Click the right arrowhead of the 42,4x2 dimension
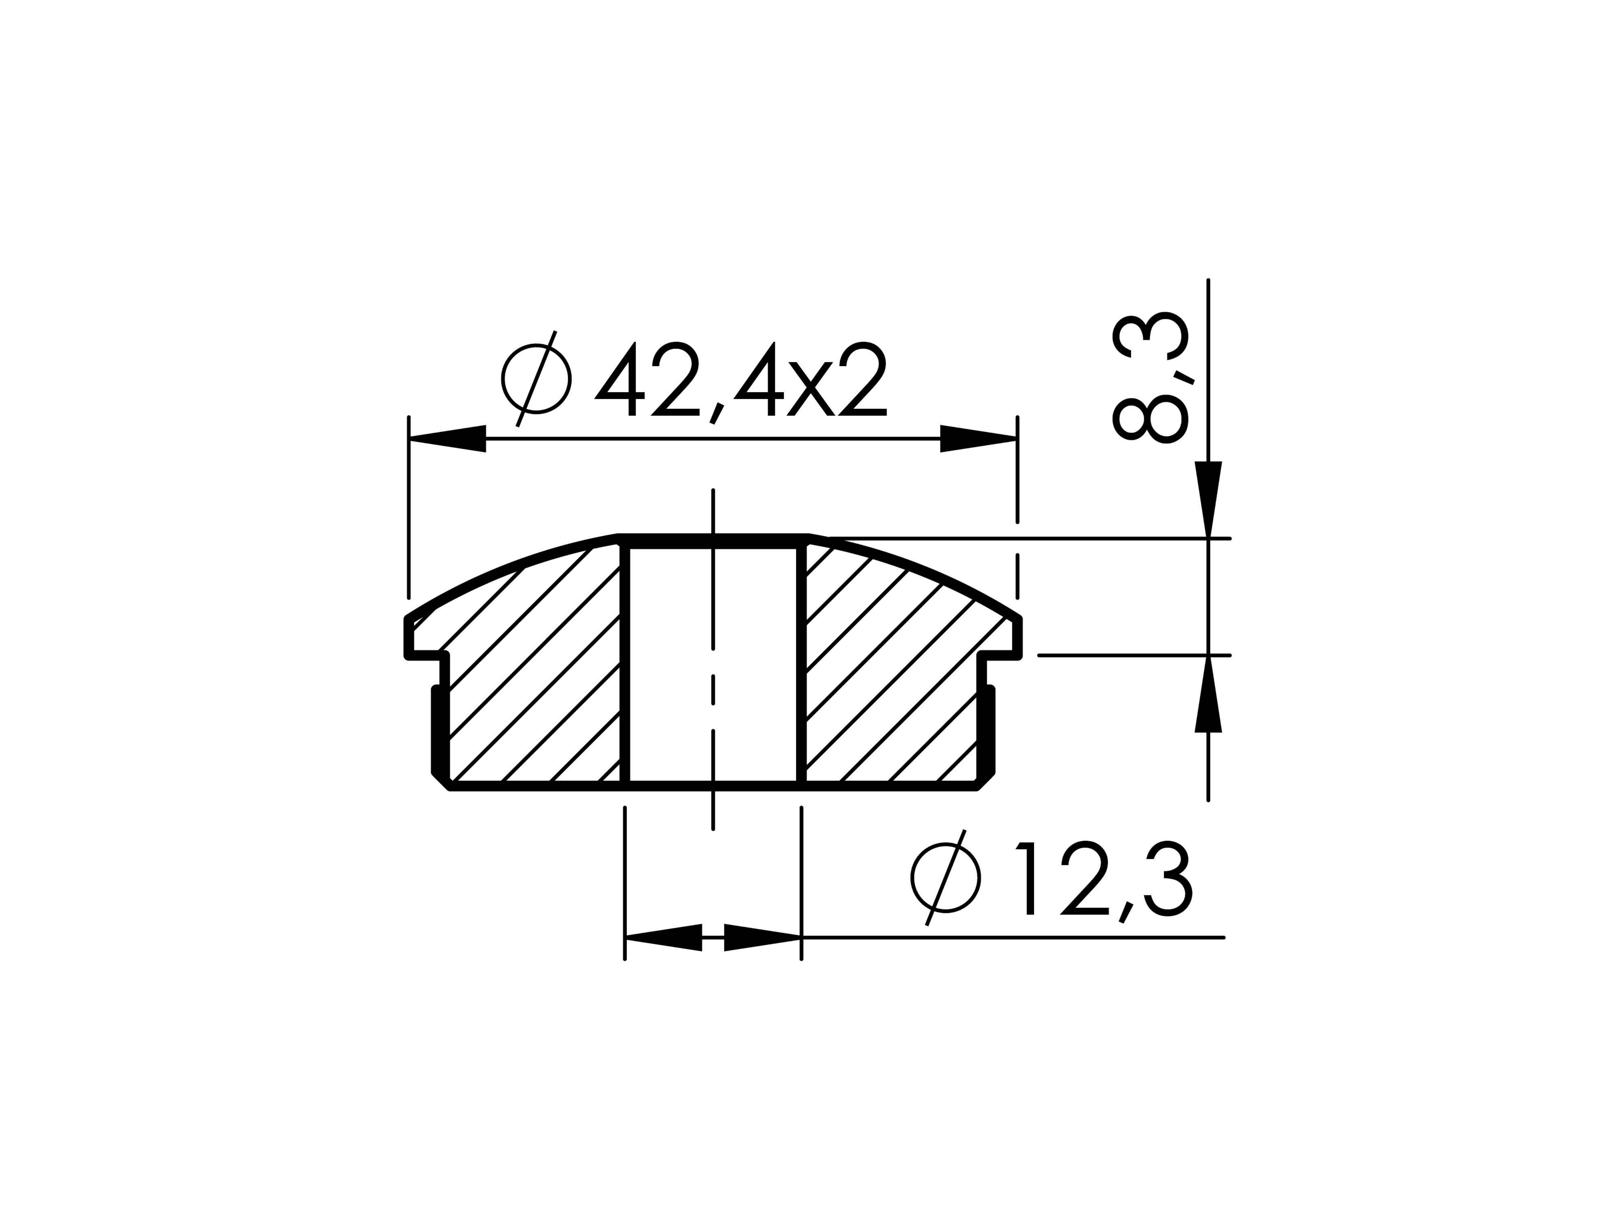[x=979, y=439]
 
